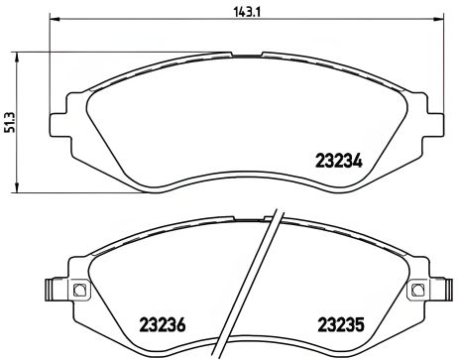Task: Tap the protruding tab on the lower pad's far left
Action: [x=49, y=292]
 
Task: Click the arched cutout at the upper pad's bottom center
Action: [x=239, y=170]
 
